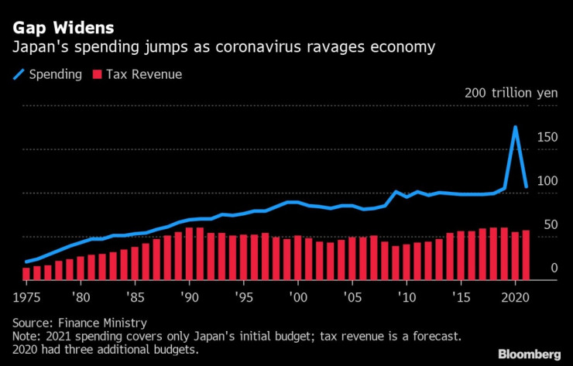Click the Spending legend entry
pyautogui.click(x=50, y=74)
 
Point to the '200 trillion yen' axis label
pyautogui.click(x=511, y=93)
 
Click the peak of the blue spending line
pyautogui.click(x=516, y=127)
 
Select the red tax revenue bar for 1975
pyautogui.click(x=26, y=273)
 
